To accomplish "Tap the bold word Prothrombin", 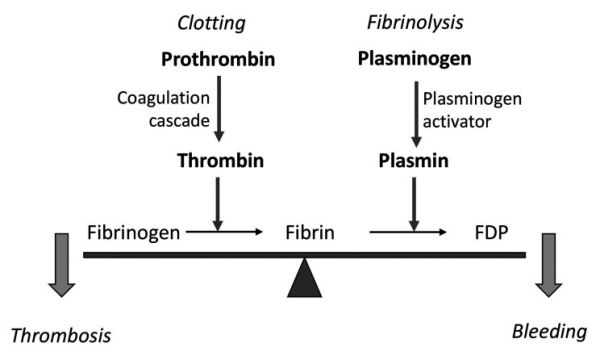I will [218, 60].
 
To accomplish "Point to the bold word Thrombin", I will [218, 160].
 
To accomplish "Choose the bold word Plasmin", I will [412, 160].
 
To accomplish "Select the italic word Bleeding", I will [545, 331].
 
